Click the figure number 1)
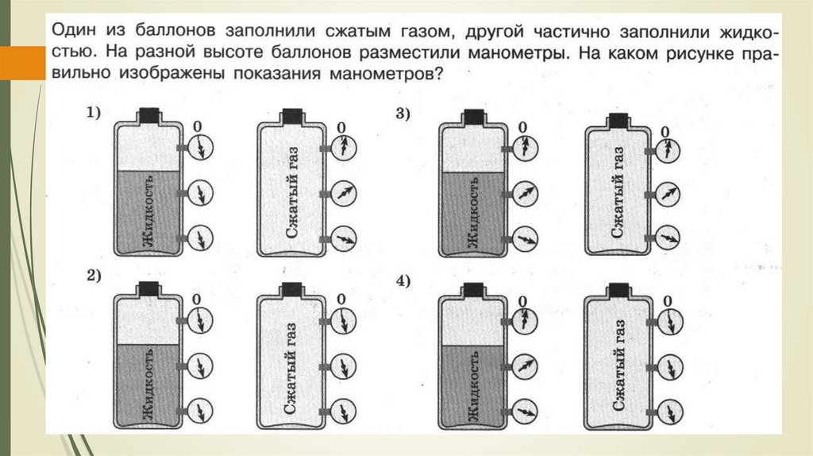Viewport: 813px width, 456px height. pyautogui.click(x=93, y=114)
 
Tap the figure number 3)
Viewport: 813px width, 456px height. pyautogui.click(x=402, y=114)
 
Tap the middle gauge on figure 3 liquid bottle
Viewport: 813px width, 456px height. pyautogui.click(x=525, y=192)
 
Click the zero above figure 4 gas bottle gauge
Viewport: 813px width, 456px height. pyautogui.click(x=668, y=300)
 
